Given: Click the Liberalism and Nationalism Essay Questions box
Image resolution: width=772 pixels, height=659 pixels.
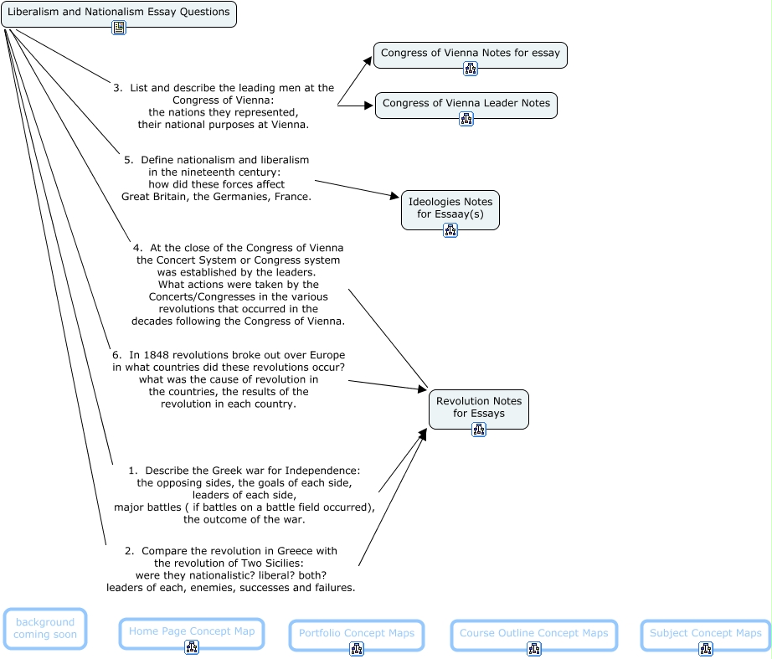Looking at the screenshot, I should tap(118, 13).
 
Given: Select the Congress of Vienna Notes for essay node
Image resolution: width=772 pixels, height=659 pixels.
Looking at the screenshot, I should tap(470, 54).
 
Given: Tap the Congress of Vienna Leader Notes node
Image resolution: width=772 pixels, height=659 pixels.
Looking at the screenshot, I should tap(466, 104).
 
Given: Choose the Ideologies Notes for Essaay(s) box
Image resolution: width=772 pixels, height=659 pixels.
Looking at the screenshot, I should tap(450, 208).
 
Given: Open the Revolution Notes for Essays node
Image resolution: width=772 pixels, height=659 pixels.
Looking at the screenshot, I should tap(478, 407).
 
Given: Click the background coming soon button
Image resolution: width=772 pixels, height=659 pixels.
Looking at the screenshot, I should tap(45, 628).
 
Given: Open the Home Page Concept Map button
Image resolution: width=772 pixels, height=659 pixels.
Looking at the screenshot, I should tap(191, 631).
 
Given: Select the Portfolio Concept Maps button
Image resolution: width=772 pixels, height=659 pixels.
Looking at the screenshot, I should tap(356, 634).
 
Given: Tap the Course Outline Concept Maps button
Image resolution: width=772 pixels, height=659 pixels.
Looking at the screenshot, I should tap(533, 634).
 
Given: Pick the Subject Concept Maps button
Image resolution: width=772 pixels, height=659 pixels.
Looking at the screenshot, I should tap(705, 634).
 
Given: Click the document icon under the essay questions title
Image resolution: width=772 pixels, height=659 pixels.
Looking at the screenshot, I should tap(119, 28).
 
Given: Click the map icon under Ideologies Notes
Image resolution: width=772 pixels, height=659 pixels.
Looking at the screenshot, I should tap(450, 230).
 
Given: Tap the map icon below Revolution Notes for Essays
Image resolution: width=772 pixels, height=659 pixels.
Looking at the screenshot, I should tap(479, 430).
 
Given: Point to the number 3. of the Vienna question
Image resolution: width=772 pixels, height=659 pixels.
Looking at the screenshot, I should tap(118, 88).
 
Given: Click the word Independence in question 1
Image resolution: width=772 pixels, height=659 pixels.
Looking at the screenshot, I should tap(324, 471).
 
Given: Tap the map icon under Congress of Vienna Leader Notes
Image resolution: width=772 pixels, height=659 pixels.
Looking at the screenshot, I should tap(466, 119).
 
